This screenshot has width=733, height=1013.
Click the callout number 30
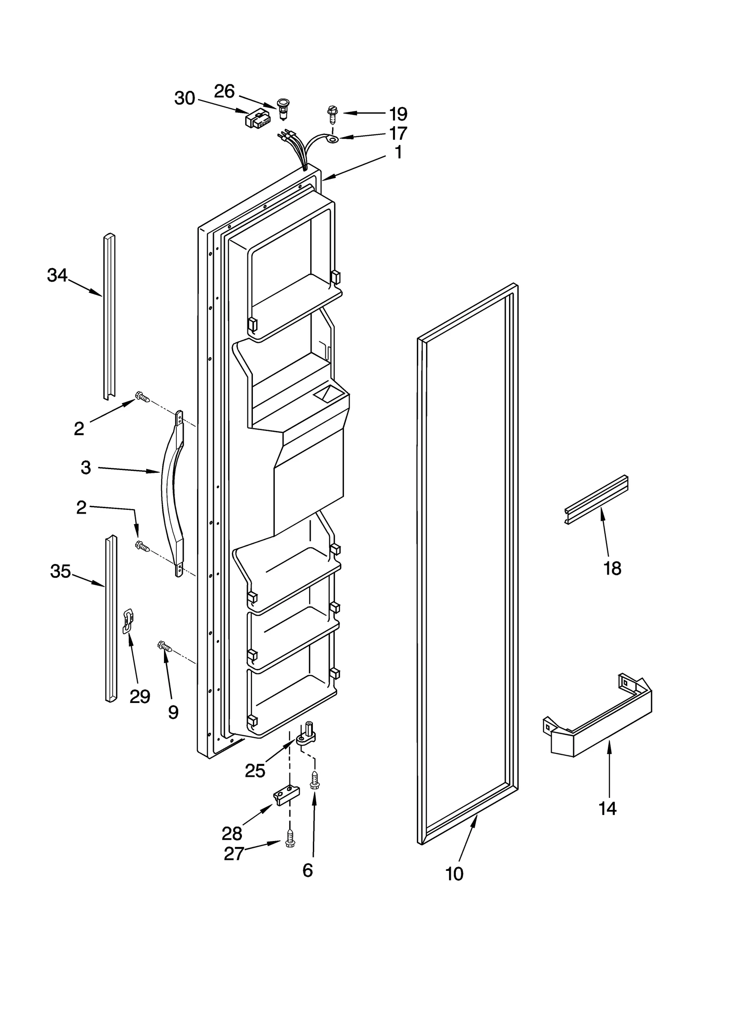coord(185,99)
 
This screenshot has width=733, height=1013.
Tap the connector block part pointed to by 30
coord(258,120)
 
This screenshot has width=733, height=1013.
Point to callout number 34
coord(57,276)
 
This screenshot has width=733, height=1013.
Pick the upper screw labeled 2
coord(142,397)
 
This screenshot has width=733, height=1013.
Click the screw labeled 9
coord(165,647)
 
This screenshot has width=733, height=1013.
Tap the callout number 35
coord(60,571)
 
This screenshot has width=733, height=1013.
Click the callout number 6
coord(307,870)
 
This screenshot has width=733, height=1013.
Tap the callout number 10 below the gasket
coord(454,874)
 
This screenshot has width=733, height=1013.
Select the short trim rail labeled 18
coord(596,499)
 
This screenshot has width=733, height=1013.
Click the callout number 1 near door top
coord(398,152)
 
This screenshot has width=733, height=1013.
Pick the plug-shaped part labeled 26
coord(283,108)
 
